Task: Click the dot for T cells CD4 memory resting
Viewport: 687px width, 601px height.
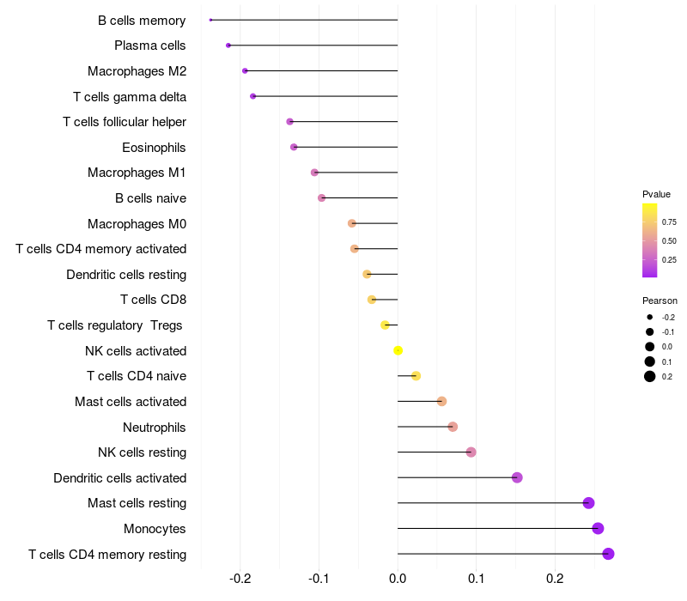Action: coord(608,554)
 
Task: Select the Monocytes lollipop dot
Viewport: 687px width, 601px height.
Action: coord(598,528)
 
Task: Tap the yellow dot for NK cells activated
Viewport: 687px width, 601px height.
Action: coord(398,350)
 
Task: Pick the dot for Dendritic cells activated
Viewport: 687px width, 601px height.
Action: coord(517,477)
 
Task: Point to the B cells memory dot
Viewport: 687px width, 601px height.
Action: coord(210,20)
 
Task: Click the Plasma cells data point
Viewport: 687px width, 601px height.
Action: coord(228,46)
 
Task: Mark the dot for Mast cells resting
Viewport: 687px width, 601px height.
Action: coord(588,503)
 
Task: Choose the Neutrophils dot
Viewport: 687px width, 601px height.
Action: coord(453,427)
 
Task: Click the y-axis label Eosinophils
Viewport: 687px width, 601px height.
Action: coord(154,148)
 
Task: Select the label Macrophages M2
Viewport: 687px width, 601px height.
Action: coord(137,71)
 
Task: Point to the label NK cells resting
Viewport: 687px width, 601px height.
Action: coord(142,452)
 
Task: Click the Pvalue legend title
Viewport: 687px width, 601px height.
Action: coord(656,194)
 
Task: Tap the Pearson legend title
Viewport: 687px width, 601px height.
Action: coord(660,301)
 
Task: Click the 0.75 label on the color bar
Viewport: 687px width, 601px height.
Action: coord(669,222)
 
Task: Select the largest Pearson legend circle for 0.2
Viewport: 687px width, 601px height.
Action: coord(650,376)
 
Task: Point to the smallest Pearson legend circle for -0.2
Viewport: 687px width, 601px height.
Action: coord(650,318)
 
